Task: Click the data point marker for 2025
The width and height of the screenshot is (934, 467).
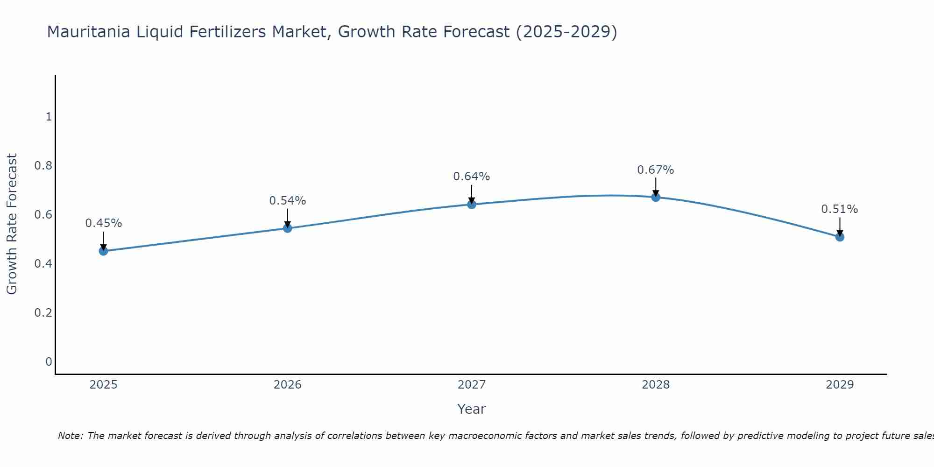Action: (x=103, y=251)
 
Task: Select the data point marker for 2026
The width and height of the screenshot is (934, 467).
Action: (x=287, y=228)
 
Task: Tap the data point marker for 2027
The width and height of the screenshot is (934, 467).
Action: (x=471, y=205)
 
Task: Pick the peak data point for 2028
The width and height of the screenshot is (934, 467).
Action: (x=655, y=197)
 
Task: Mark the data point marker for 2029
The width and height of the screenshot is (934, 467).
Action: (x=839, y=237)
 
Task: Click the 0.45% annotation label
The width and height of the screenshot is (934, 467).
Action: (x=103, y=223)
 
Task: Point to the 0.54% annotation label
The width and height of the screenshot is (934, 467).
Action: (x=287, y=201)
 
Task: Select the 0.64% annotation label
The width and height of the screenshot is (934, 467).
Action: (x=471, y=177)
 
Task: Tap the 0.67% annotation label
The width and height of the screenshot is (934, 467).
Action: (x=655, y=170)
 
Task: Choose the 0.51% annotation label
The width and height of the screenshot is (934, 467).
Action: (x=839, y=209)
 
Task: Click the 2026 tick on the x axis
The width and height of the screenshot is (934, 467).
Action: (x=287, y=385)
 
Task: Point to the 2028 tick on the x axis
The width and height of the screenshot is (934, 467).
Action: (x=655, y=385)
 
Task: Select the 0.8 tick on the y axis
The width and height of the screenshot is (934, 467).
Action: (x=43, y=166)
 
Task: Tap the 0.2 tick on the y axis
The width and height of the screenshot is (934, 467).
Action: (x=43, y=312)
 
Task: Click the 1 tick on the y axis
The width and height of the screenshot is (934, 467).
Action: (x=49, y=117)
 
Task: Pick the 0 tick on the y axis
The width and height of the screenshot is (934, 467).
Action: (x=49, y=361)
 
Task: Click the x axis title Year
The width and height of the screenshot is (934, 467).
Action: (x=471, y=409)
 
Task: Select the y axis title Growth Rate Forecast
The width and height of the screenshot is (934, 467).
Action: (x=12, y=224)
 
